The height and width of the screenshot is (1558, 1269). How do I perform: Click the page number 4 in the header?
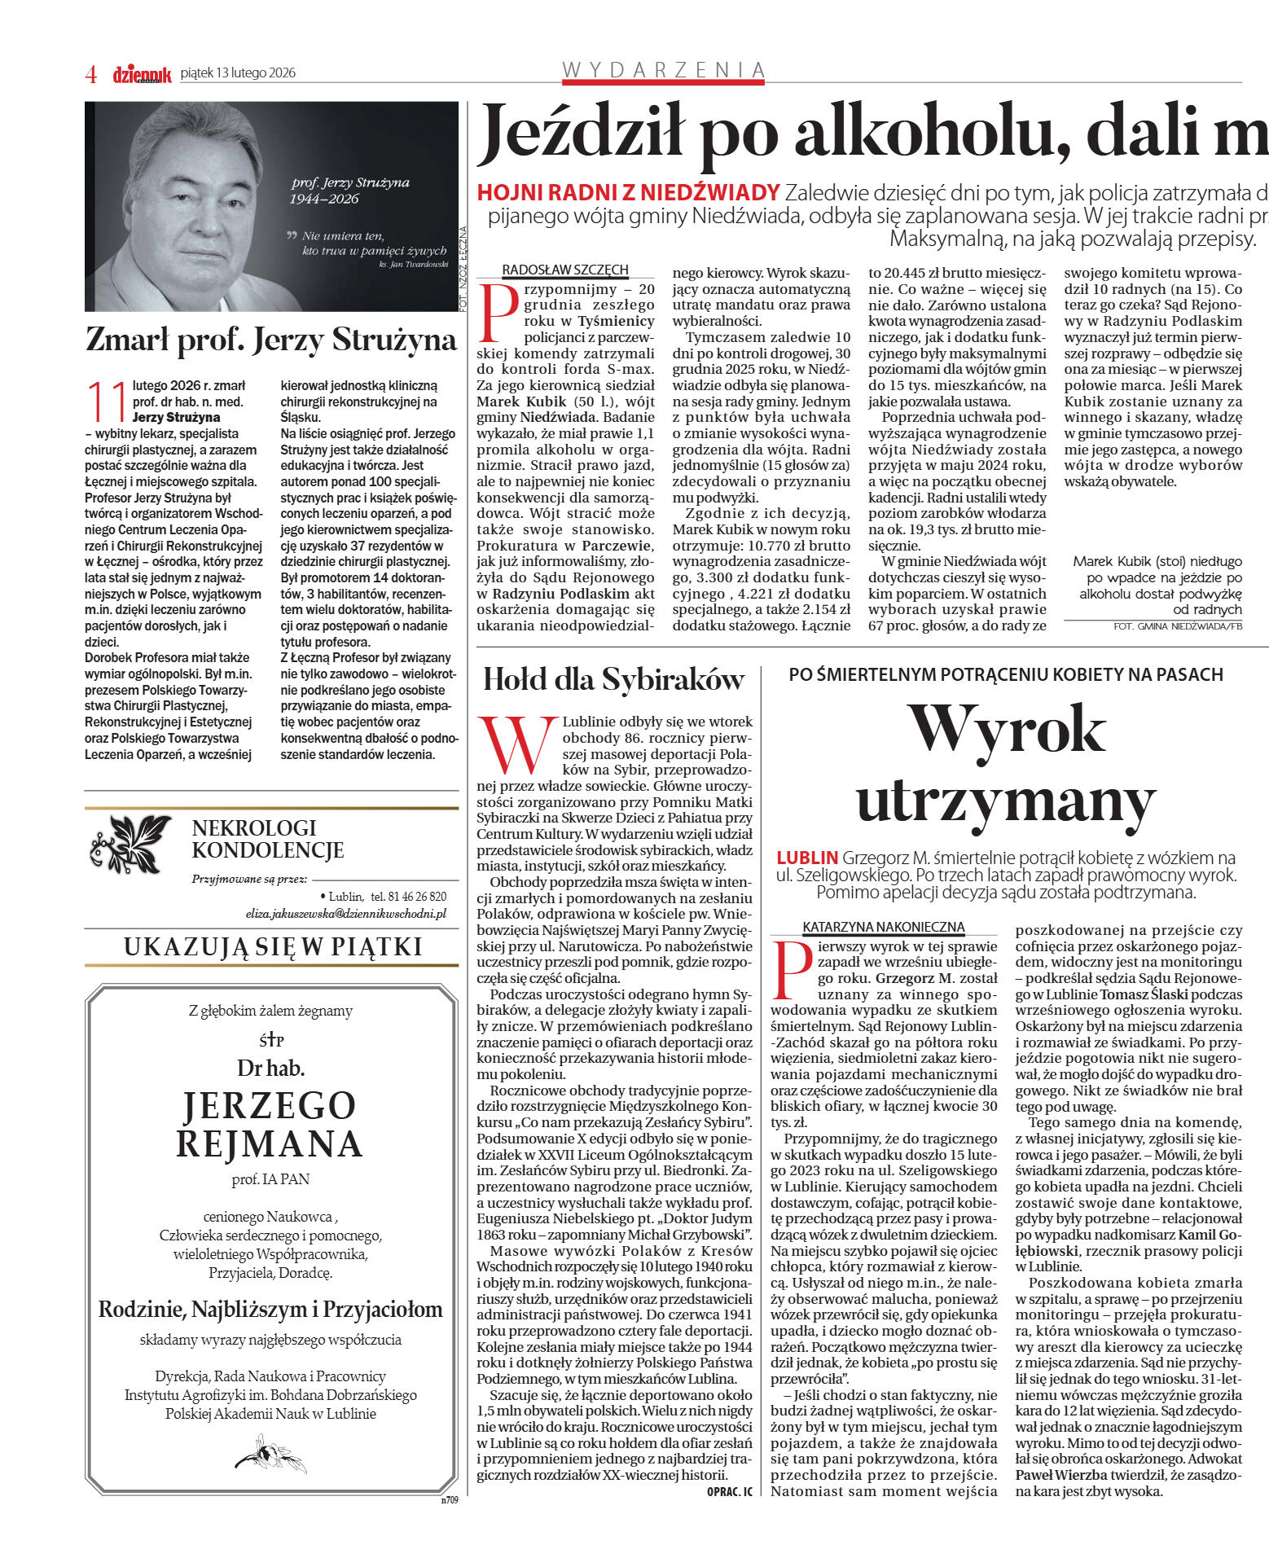tap(91, 74)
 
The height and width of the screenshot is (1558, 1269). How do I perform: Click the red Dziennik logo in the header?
tap(142, 74)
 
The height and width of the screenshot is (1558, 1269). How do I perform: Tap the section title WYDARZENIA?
tap(664, 70)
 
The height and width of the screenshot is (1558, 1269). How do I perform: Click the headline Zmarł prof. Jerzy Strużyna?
tap(270, 340)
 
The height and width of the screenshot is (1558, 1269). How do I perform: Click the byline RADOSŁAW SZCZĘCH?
tap(565, 270)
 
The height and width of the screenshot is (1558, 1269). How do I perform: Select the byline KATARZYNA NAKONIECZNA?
tap(884, 927)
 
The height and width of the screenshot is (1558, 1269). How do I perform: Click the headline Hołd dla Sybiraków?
tap(613, 679)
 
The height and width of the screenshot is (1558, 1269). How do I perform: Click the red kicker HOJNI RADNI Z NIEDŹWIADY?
tap(628, 193)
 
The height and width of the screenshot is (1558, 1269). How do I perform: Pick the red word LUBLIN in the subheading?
tap(806, 858)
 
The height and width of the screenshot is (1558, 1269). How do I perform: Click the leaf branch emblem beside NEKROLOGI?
tap(130, 843)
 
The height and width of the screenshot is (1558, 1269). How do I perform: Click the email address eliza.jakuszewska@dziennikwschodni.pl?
tap(346, 914)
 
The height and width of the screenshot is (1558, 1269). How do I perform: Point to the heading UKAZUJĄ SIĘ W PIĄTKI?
tap(273, 946)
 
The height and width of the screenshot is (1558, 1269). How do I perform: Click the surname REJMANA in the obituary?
tap(270, 1143)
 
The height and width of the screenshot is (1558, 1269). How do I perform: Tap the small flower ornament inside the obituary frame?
tap(270, 1455)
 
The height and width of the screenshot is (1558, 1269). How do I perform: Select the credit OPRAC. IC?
tap(730, 1491)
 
